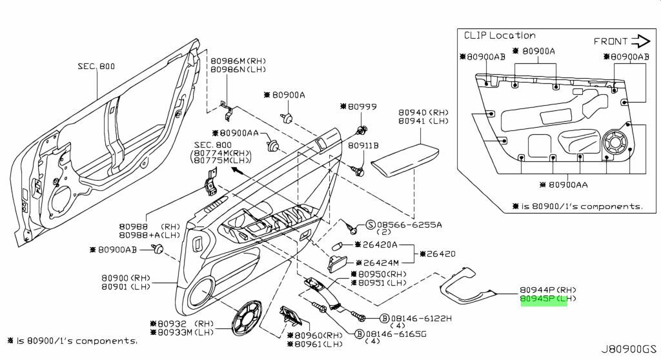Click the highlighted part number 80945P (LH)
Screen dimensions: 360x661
coord(544,300)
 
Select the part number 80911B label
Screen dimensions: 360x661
coord(363,146)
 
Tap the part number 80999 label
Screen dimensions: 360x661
coord(362,106)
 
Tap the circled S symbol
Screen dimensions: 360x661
coord(371,224)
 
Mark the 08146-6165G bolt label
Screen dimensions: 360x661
coord(397,334)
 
